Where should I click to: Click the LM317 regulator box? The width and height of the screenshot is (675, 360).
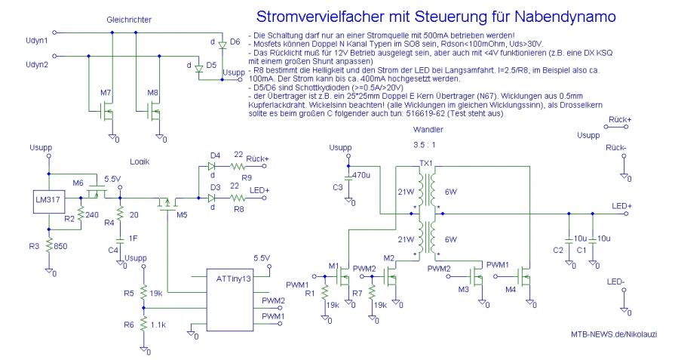coord(47,198)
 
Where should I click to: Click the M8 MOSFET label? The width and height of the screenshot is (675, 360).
coord(153,92)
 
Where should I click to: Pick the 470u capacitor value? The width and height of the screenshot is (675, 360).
coord(361,175)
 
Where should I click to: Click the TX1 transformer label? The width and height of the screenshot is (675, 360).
coord(425,163)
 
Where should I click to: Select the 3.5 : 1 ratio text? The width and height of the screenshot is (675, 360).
coord(425,144)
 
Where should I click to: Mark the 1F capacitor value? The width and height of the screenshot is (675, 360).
coord(133,238)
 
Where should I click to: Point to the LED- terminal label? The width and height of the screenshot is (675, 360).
coord(615,282)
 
